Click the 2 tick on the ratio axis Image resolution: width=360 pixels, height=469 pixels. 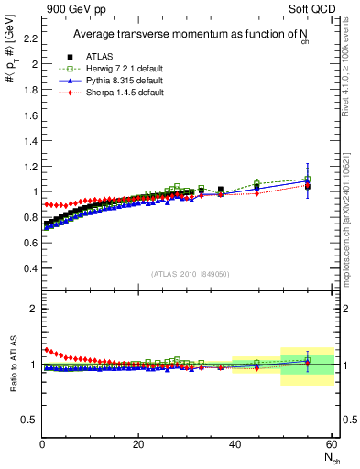tap(35, 309)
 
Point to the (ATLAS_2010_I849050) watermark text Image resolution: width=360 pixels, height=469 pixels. tap(191, 273)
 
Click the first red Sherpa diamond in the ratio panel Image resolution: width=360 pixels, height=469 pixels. tap(45, 349)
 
